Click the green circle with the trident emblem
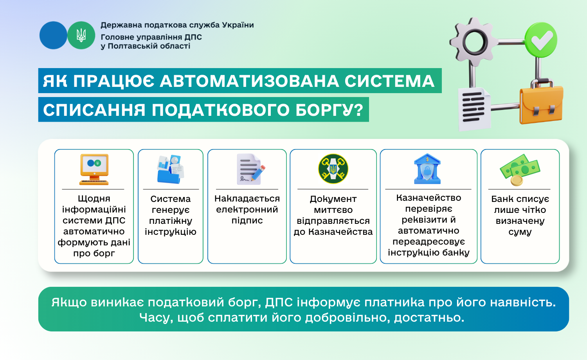pyautogui.click(x=81, y=35)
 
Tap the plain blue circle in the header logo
pyautogui.click(x=54, y=35)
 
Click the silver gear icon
pyautogui.click(x=473, y=42)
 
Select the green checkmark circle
pyautogui.click(x=540, y=40)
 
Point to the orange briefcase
pyautogui.click(x=541, y=102)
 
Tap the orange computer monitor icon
pyautogui.click(x=94, y=169)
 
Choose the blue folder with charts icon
pyautogui.click(x=171, y=169)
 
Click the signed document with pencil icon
pyautogui.click(x=250, y=169)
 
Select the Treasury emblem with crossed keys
pyautogui.click(x=333, y=169)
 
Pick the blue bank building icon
pyautogui.click(x=427, y=169)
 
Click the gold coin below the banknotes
pyautogui.click(x=517, y=181)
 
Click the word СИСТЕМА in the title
pyautogui.click(x=389, y=81)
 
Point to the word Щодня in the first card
pyautogui.click(x=94, y=199)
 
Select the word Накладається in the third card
pyautogui.click(x=247, y=199)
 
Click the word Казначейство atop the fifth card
pyautogui.click(x=429, y=198)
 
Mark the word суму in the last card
pyautogui.click(x=520, y=232)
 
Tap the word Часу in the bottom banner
pyautogui.click(x=156, y=318)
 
